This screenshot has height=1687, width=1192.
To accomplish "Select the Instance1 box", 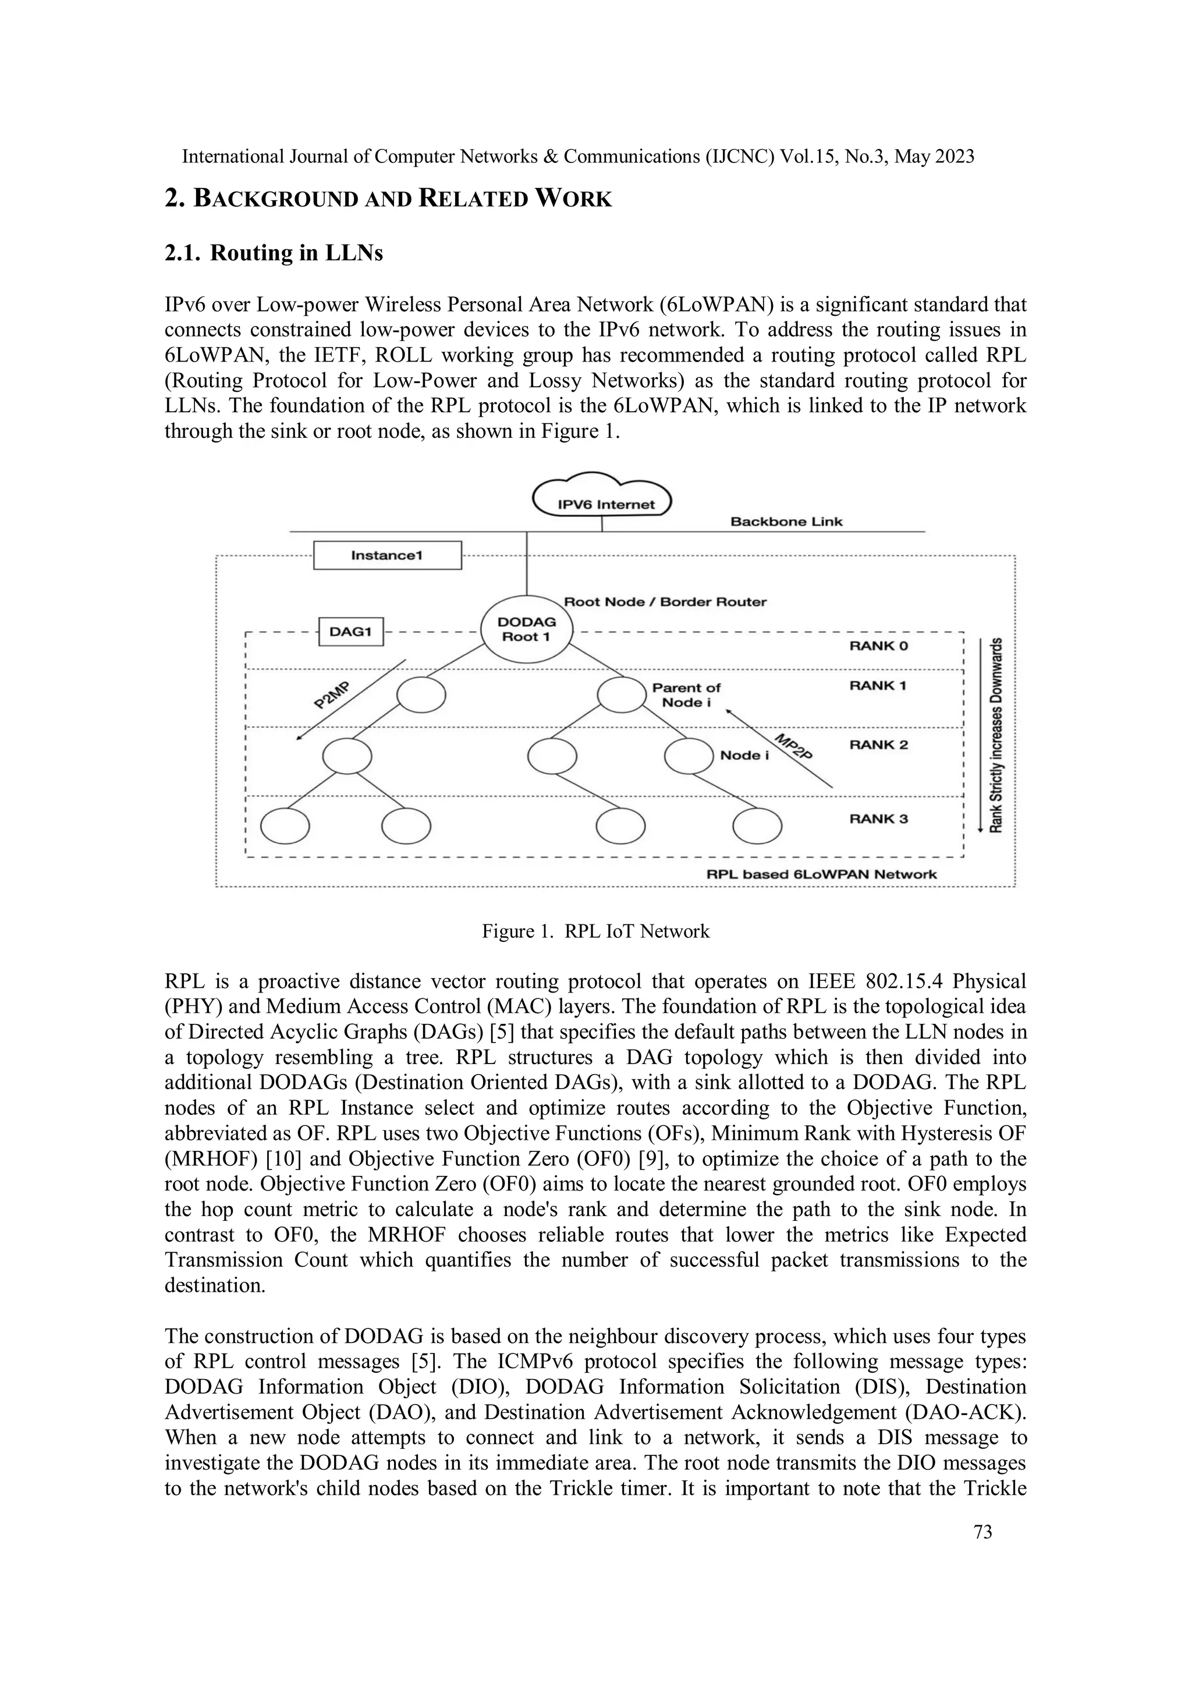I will pyautogui.click(x=387, y=555).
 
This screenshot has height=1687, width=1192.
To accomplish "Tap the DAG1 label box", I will pyautogui.click(x=351, y=632).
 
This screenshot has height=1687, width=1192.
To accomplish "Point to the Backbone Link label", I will pyautogui.click(x=786, y=522).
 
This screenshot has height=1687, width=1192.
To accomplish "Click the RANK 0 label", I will pyautogui.click(x=878, y=646).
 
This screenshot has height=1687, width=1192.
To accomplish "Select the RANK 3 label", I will pyautogui.click(x=878, y=818).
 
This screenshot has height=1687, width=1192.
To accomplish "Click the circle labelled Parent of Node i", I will pyautogui.click(x=622, y=694).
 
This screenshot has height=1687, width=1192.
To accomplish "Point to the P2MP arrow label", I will pyautogui.click(x=331, y=694).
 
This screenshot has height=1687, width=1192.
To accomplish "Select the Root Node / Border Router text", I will pyautogui.click(x=665, y=602).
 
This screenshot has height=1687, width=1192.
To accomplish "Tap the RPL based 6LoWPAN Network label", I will pyautogui.click(x=821, y=874).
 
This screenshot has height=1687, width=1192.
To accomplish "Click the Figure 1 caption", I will pyautogui.click(x=595, y=931).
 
